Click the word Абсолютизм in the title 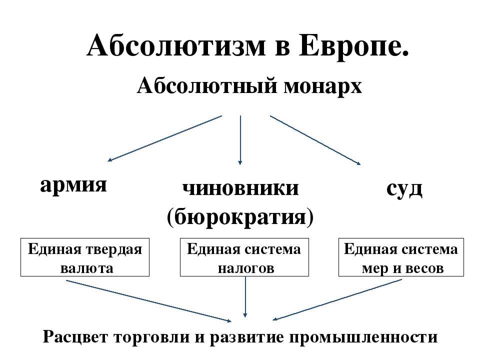tap(176, 46)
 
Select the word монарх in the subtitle tap(322, 86)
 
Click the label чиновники tap(240, 188)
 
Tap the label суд tap(404, 189)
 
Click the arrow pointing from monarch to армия tap(164, 138)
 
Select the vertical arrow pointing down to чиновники tap(240, 140)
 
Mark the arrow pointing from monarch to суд tap(315, 140)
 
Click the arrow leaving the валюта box tap(149, 301)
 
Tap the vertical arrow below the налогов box tap(245, 297)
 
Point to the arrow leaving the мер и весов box tap(336, 299)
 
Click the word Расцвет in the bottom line tap(75, 337)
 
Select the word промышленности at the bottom tap(363, 337)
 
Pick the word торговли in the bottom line tap(152, 337)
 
